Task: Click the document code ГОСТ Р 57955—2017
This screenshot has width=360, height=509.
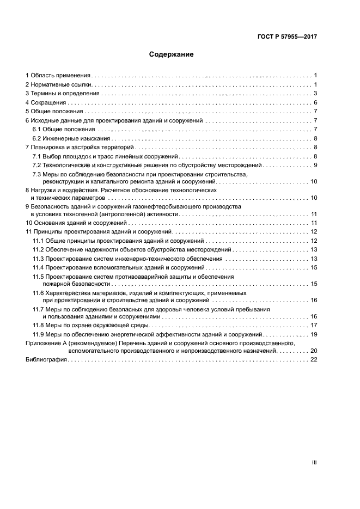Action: (287, 38)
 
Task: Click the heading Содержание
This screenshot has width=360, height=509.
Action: (172, 54)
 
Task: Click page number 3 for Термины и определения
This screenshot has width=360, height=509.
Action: (315, 94)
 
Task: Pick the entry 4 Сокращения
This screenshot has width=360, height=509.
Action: (46, 103)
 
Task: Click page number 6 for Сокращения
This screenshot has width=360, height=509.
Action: (315, 103)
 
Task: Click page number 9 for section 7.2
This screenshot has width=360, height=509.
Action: (315, 165)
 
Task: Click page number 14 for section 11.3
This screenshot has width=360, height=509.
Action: (314, 259)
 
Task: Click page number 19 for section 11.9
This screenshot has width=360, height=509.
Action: (314, 334)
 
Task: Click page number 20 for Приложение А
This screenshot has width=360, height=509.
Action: (314, 352)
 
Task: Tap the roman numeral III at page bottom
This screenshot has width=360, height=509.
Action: (314, 462)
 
